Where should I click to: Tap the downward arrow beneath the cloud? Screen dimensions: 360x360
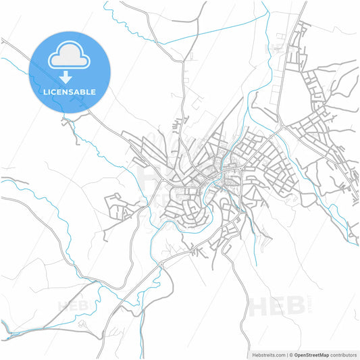[70, 77]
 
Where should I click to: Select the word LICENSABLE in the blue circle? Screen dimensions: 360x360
[70, 92]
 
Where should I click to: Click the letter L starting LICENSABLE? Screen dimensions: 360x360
[45, 92]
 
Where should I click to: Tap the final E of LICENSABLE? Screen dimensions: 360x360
[93, 92]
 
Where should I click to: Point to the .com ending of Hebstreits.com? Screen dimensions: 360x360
[278, 354]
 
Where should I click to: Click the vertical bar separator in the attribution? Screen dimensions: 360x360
[286, 354]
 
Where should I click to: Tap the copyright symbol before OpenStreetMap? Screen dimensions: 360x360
[291, 354]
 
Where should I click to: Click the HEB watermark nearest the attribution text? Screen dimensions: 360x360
[276, 307]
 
